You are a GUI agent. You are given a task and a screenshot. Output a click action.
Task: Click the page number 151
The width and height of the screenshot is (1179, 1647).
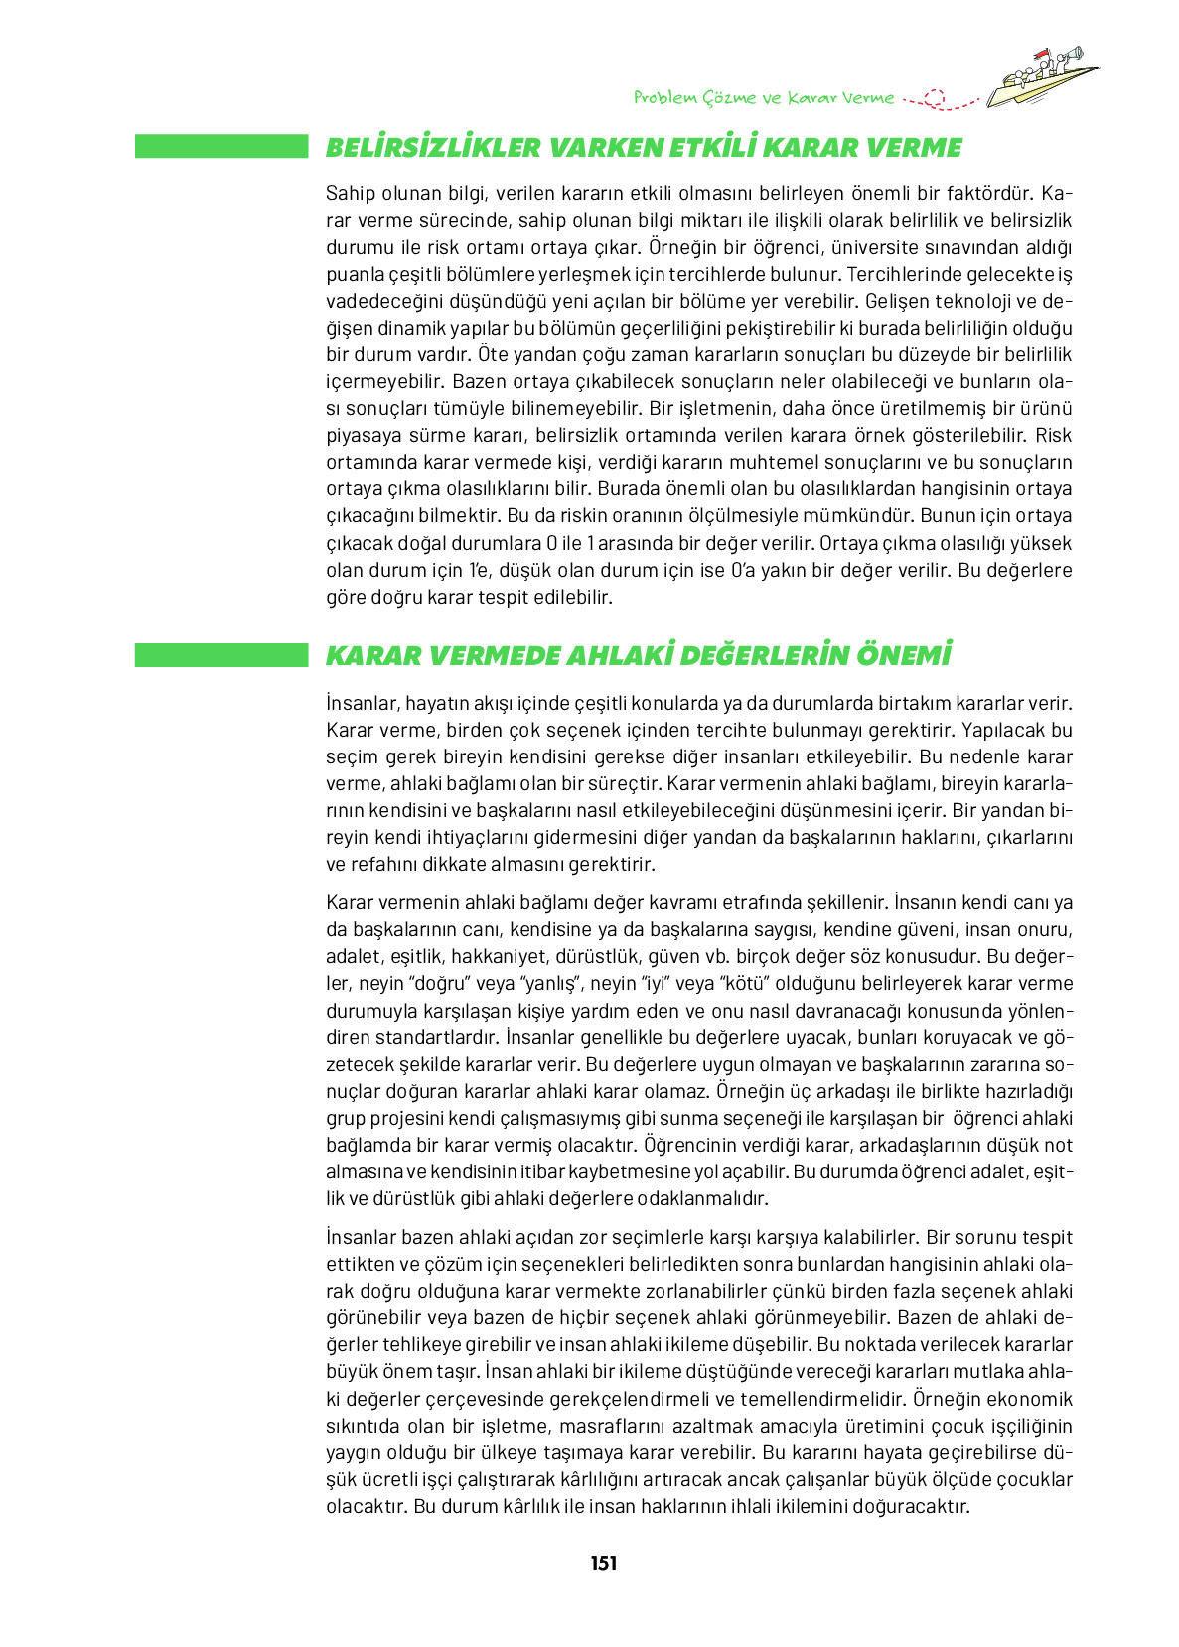pos(603,1563)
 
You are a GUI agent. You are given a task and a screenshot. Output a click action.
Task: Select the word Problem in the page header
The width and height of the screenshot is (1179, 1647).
pos(664,98)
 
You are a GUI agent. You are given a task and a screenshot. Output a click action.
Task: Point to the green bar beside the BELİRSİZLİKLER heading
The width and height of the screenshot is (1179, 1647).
pos(221,147)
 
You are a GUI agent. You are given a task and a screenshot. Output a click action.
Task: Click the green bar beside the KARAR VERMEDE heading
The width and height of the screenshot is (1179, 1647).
pos(221,655)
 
